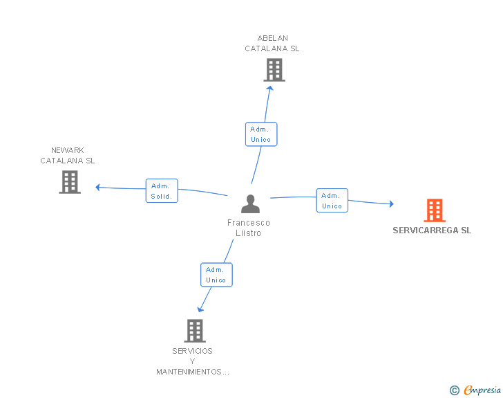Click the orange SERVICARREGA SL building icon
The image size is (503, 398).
(434, 210)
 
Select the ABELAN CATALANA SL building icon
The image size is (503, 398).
(274, 70)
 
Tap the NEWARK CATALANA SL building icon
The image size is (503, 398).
(70, 182)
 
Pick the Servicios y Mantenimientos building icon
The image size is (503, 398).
(195, 330)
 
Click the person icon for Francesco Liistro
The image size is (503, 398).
(250, 203)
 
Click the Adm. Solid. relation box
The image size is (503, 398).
(162, 190)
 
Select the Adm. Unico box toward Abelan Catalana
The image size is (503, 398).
(261, 134)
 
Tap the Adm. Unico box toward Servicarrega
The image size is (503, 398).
(332, 201)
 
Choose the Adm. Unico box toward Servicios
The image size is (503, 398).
(216, 275)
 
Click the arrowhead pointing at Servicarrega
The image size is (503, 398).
(390, 203)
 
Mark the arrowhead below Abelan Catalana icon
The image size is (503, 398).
(270, 88)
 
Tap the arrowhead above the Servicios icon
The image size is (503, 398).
(201, 309)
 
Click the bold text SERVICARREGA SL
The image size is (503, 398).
(432, 230)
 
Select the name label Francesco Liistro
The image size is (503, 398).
(249, 228)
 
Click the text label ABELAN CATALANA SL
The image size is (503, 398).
(272, 44)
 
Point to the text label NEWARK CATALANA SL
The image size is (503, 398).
(68, 156)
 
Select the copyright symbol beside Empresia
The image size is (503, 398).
(454, 390)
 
